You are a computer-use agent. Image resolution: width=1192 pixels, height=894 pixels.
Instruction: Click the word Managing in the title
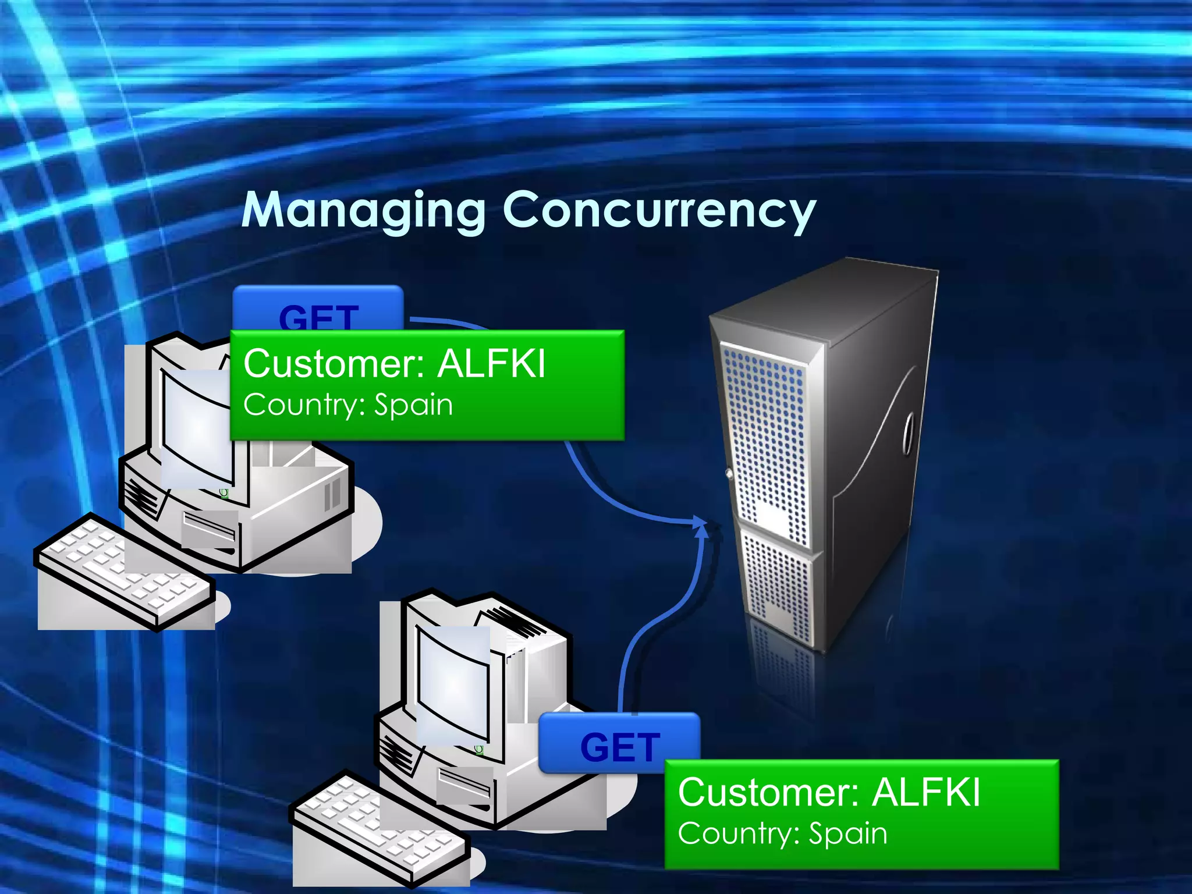point(363,211)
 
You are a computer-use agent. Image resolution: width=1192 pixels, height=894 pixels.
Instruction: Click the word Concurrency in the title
point(659,211)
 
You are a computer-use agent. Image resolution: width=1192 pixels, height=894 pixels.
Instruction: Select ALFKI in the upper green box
point(491,364)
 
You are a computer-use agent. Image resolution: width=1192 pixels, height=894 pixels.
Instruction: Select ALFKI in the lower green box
point(927,792)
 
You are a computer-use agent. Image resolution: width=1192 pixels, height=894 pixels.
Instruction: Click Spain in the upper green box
point(413,405)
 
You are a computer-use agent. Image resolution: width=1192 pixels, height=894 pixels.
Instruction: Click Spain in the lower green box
point(848,833)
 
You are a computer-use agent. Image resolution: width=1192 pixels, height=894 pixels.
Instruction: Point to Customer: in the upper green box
point(335,364)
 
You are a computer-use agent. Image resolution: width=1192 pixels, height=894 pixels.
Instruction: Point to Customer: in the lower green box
point(769,792)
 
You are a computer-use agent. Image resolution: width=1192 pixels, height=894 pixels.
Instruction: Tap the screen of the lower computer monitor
point(453,687)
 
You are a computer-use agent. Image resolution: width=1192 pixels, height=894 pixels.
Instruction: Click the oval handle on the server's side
point(908,434)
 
